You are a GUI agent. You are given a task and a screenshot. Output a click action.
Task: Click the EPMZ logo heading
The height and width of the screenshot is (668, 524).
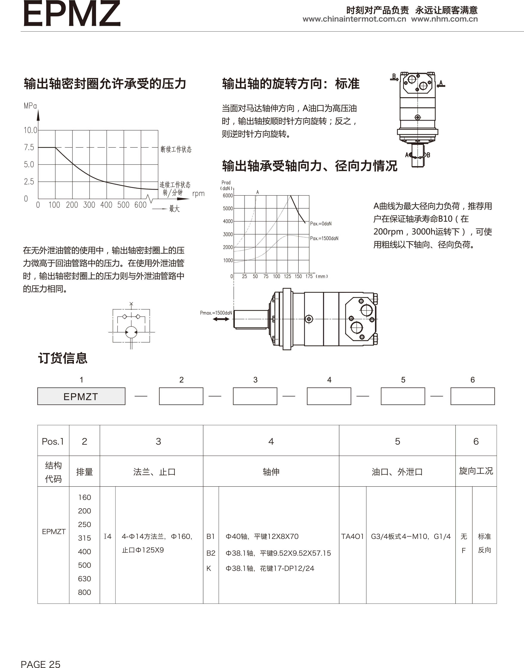coord(72,14)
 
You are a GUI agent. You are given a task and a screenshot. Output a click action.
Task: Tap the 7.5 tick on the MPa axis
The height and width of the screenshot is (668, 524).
coord(29,148)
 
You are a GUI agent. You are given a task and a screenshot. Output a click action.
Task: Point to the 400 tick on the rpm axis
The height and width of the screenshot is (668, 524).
coord(106,205)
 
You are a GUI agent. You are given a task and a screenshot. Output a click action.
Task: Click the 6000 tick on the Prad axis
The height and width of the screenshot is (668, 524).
coord(228,195)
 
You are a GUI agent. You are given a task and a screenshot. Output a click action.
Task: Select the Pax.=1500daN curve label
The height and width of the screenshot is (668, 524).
coord(324,239)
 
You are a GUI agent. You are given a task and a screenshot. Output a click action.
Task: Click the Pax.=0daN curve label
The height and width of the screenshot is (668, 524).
coord(321,224)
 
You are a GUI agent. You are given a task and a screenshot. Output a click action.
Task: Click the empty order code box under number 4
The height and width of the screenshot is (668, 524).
coord(329,396)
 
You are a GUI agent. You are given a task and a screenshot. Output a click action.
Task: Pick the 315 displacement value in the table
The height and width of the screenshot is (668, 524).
coord(84,538)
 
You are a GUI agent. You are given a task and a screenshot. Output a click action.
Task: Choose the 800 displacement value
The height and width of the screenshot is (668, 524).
coord(84,592)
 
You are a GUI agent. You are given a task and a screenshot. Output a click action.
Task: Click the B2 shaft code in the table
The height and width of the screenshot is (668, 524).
coord(211,553)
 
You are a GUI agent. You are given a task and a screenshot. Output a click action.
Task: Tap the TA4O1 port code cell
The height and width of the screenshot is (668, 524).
coord(352,536)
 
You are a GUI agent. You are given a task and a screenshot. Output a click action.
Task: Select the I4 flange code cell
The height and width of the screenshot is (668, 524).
coord(107,536)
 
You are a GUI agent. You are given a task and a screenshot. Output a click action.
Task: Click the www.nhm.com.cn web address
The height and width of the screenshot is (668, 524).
coord(444,19)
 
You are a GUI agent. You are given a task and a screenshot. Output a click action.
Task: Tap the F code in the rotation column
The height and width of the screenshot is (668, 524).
coord(464,550)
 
